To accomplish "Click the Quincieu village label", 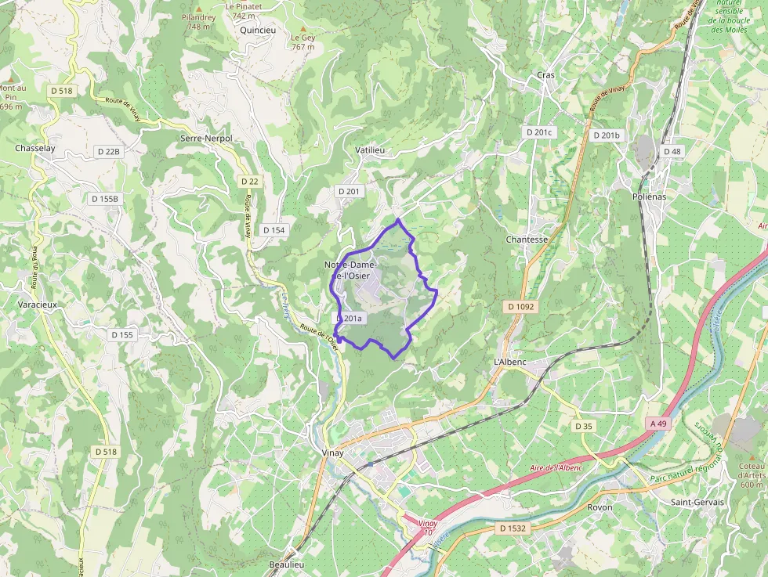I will point(259,31).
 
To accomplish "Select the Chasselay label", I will point(34,148).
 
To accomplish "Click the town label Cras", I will point(545,75).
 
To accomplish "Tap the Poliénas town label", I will point(649,197).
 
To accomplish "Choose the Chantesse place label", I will point(527,240).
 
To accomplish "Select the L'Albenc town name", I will point(509,362).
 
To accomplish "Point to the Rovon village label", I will point(600,507).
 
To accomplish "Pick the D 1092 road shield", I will point(520,307).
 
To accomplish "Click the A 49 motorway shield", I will point(658,424).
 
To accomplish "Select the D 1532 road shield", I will point(513,528).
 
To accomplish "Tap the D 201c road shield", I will point(539,132).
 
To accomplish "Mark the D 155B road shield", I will point(104,199).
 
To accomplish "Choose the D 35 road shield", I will point(583,427).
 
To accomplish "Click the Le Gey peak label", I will point(302,42).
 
